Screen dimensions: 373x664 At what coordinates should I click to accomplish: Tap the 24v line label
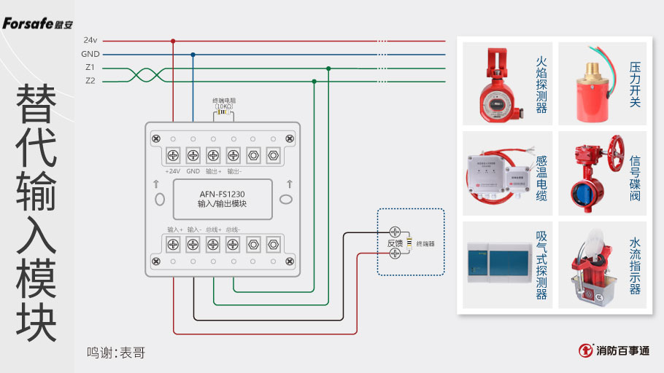coord(90,41)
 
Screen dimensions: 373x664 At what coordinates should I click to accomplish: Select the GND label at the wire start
coord(90,54)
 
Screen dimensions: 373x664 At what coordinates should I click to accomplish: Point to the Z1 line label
coord(90,68)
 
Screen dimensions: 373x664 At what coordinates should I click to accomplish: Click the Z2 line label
coord(90,81)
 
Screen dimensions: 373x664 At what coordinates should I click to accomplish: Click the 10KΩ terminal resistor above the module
coord(223,113)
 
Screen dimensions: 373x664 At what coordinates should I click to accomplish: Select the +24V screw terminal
coord(173,154)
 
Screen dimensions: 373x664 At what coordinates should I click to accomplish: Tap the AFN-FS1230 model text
coord(223,194)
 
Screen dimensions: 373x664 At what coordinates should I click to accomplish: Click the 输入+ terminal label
coord(175,229)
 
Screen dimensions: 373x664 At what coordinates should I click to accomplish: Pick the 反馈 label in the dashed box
coord(394,243)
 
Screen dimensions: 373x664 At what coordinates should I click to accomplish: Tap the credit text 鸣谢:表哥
coord(116,353)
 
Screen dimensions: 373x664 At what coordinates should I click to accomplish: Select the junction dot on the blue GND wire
coord(193,55)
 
